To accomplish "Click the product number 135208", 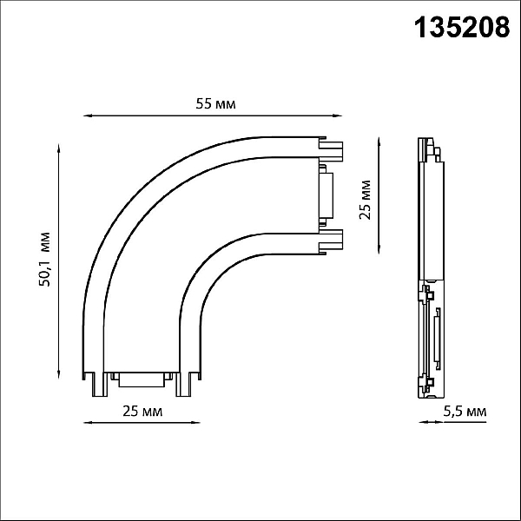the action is pos(462,28).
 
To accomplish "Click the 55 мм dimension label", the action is pos(215,104).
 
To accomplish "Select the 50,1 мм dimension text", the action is pos(44,260).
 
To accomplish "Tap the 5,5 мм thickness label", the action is pos(465,412).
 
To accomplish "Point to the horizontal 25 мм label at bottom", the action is pos(142,412).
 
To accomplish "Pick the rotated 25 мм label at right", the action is pos(365,200).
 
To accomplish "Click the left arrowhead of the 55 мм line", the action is pos(87,115).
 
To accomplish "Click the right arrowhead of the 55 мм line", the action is pos(338,115).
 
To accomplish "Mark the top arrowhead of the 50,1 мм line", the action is pos(59,148).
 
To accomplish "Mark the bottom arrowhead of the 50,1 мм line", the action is pos(59,374).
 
